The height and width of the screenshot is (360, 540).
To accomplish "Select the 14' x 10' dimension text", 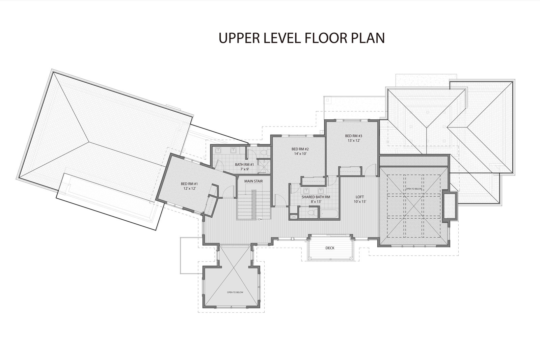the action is point(300,154).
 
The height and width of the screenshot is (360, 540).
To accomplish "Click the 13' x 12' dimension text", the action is point(354,140).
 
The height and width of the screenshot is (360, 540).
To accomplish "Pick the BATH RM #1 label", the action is point(244,165).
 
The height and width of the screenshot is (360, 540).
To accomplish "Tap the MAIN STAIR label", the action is point(253,181).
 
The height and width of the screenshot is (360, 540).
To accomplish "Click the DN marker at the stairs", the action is point(260,220).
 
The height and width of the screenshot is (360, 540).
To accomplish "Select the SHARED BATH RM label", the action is point(316,197).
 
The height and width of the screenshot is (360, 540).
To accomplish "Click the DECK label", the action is point(330,248).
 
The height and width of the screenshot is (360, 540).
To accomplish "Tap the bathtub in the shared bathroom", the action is point(329,214).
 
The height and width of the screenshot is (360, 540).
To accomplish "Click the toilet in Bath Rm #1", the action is point(265,152).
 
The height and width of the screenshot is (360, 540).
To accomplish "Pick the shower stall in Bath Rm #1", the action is point(264,166).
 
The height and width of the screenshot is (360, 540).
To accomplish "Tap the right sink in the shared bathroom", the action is point(321,191).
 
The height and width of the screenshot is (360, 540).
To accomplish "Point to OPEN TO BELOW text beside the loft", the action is point(413,189).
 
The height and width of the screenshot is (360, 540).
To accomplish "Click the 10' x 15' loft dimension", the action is point(360,201).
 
